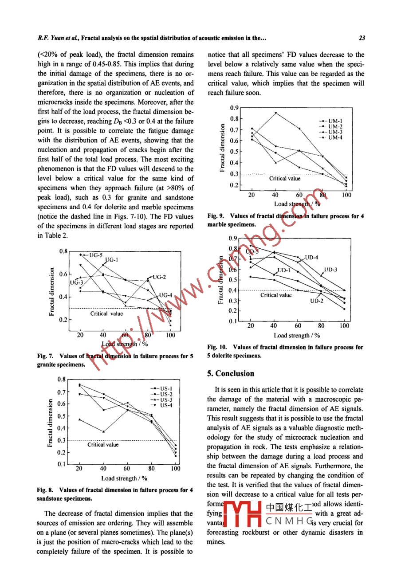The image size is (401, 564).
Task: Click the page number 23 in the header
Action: coord(362,39)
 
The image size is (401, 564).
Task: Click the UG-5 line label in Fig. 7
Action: coord(95,255)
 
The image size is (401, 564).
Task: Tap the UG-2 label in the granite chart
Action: coord(159,277)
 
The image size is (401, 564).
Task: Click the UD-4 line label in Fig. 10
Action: coord(311,257)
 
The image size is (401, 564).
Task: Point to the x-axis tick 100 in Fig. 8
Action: coord(176,468)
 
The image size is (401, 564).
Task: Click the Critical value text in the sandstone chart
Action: coord(103,444)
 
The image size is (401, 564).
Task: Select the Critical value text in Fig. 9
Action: coord(285,179)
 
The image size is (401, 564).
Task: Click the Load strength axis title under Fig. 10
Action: coord(298,336)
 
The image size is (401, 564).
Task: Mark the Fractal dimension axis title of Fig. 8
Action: coord(51,422)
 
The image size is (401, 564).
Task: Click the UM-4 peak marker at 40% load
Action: coord(275,113)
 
